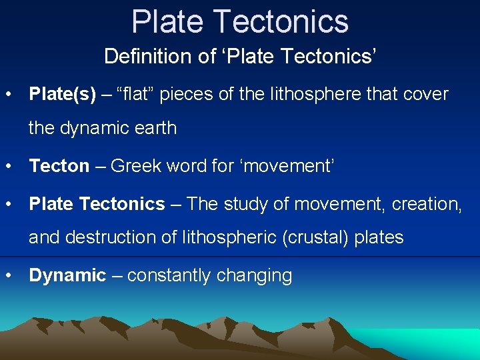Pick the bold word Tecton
click(x=59, y=166)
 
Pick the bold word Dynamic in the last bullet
click(x=67, y=275)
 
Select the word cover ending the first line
click(x=427, y=94)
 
